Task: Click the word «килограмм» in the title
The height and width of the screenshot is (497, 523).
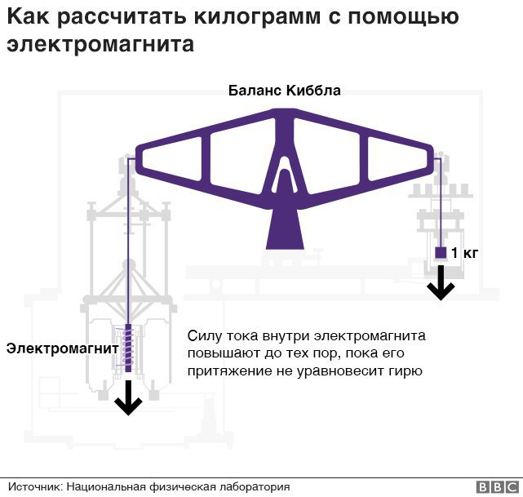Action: [257, 17]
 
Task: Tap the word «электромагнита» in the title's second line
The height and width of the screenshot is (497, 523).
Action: [100, 44]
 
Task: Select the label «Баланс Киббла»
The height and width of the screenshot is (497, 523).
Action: [285, 91]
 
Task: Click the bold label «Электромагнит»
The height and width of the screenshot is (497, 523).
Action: [62, 348]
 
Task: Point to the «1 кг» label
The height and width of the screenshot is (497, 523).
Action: [464, 253]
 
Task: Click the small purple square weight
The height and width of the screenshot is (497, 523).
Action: [441, 252]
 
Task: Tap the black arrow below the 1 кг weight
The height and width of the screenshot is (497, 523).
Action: [441, 282]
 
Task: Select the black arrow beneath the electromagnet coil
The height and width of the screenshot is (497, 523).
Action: [128, 397]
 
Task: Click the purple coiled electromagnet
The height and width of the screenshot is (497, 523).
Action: [127, 348]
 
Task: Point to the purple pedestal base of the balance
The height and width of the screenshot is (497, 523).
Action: [285, 229]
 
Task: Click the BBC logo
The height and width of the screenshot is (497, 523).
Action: [498, 487]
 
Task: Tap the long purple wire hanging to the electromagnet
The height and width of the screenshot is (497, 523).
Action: [128, 241]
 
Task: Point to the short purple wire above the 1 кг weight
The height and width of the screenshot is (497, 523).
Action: [441, 202]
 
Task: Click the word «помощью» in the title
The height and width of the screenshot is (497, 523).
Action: [403, 17]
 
